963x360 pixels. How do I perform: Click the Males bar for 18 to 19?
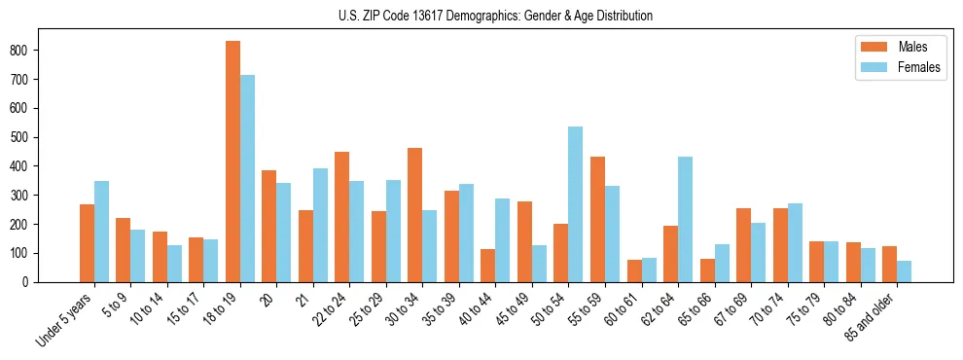click(233, 162)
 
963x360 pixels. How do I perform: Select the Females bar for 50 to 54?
click(576, 204)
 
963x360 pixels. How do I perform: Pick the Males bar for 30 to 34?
click(415, 215)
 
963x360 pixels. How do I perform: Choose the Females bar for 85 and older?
click(904, 271)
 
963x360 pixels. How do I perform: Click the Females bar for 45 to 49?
click(539, 264)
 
